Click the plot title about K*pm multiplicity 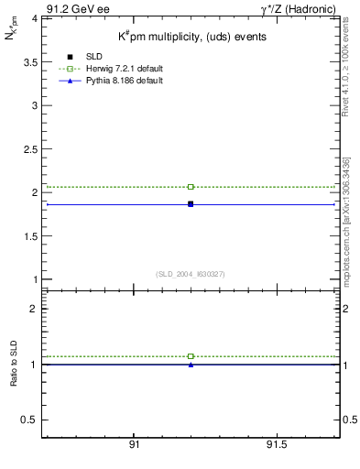tap(191, 37)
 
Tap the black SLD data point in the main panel tap(191, 203)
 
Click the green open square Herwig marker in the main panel tap(191, 187)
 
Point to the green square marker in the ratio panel tap(191, 356)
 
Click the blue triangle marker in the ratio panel tap(191, 365)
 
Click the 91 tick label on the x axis tap(135, 444)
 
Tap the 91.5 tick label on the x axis tap(278, 444)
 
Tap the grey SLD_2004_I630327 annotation tap(191, 274)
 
